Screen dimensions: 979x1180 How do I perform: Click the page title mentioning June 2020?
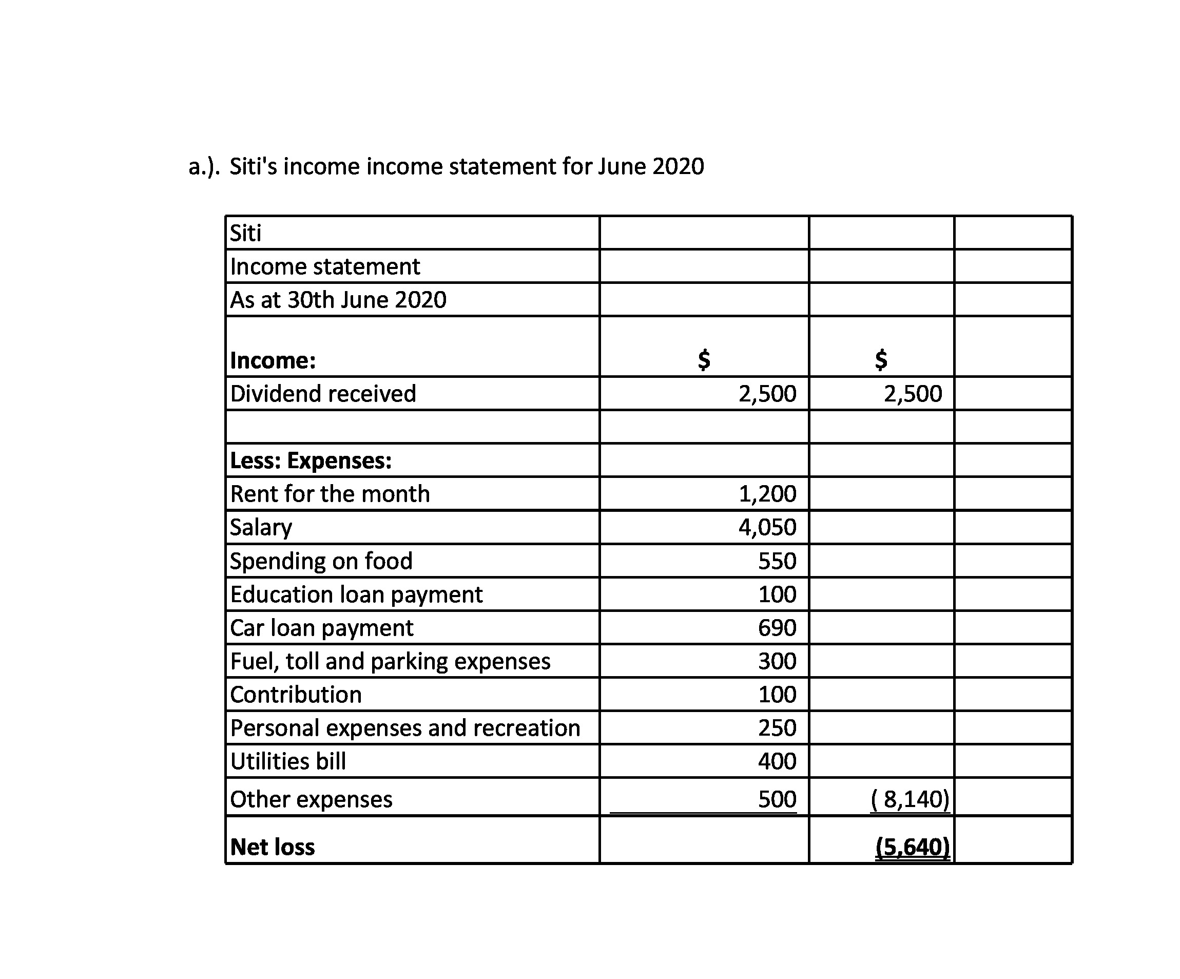pos(446,166)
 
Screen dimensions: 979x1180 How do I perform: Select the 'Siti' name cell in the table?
pos(245,233)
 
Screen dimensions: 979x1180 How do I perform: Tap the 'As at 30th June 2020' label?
pos(338,299)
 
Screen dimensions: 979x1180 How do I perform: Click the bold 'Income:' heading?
pos(273,360)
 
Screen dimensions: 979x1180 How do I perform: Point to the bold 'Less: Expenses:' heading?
pos(311,460)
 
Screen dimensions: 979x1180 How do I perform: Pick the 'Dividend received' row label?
pos(323,393)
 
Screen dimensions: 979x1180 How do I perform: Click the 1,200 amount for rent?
pos(767,493)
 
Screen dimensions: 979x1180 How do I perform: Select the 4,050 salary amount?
pos(767,527)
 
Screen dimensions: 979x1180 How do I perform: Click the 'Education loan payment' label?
pos(356,594)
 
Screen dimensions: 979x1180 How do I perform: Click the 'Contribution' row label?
pos(296,695)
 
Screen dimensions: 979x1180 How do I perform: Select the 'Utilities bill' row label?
pos(288,761)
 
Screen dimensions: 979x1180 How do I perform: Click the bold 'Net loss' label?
pos(273,847)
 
